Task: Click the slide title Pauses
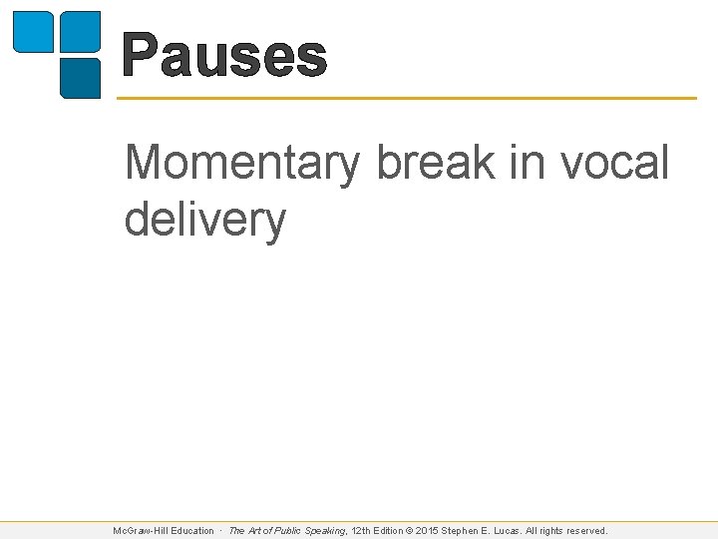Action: (x=224, y=56)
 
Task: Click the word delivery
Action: (x=204, y=219)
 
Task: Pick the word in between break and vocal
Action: (x=524, y=163)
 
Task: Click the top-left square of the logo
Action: (x=32, y=31)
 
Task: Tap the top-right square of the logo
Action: (x=81, y=31)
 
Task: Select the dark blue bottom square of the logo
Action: (x=81, y=78)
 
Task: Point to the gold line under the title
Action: (x=407, y=98)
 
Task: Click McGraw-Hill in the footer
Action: (x=140, y=531)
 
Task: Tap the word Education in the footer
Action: (x=191, y=531)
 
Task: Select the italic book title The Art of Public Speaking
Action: (x=287, y=531)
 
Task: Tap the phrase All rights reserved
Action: (x=571, y=531)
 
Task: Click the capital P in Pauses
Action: (x=141, y=56)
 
